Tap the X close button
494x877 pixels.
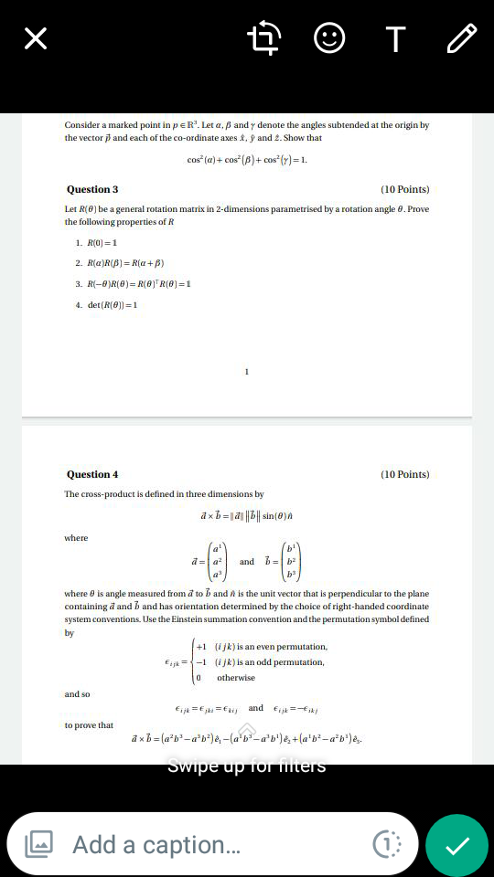pyautogui.click(x=35, y=38)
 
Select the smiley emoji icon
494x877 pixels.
pyautogui.click(x=329, y=38)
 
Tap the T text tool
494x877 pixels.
pyautogui.click(x=395, y=38)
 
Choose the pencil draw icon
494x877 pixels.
pyautogui.click(x=462, y=38)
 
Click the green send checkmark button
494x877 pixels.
pyautogui.click(x=456, y=845)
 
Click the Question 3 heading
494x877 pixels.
pyautogui.click(x=92, y=189)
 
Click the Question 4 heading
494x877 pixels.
pyautogui.click(x=92, y=474)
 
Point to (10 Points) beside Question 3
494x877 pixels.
pyautogui.click(x=404, y=189)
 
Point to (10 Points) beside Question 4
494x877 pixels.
pyautogui.click(x=404, y=474)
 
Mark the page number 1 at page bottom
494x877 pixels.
pyautogui.click(x=247, y=372)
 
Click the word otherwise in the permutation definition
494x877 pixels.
pyautogui.click(x=236, y=678)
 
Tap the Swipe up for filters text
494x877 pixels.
pyautogui.click(x=246, y=766)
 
